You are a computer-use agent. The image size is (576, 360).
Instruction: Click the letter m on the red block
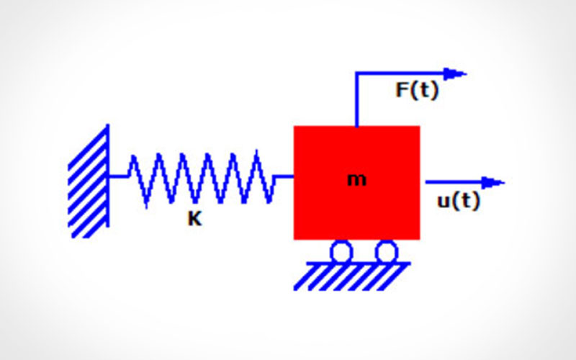point(356,180)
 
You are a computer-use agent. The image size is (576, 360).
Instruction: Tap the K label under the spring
point(194,220)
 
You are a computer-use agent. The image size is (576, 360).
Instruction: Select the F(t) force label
point(417,91)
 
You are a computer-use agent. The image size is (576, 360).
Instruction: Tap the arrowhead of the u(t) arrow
point(494,182)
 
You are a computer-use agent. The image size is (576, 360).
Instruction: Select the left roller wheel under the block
point(341,251)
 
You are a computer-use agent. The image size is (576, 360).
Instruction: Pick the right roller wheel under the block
point(387,251)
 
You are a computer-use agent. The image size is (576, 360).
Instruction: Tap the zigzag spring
point(201,177)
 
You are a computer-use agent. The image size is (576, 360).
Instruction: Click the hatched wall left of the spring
point(87,187)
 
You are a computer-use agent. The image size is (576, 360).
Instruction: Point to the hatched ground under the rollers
point(353,276)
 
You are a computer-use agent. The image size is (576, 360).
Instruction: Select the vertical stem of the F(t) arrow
point(356,101)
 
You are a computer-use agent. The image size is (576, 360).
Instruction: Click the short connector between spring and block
point(284,176)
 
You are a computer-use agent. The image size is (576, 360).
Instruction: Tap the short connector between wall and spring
point(118,176)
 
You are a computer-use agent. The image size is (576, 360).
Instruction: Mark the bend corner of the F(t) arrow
point(356,73)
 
